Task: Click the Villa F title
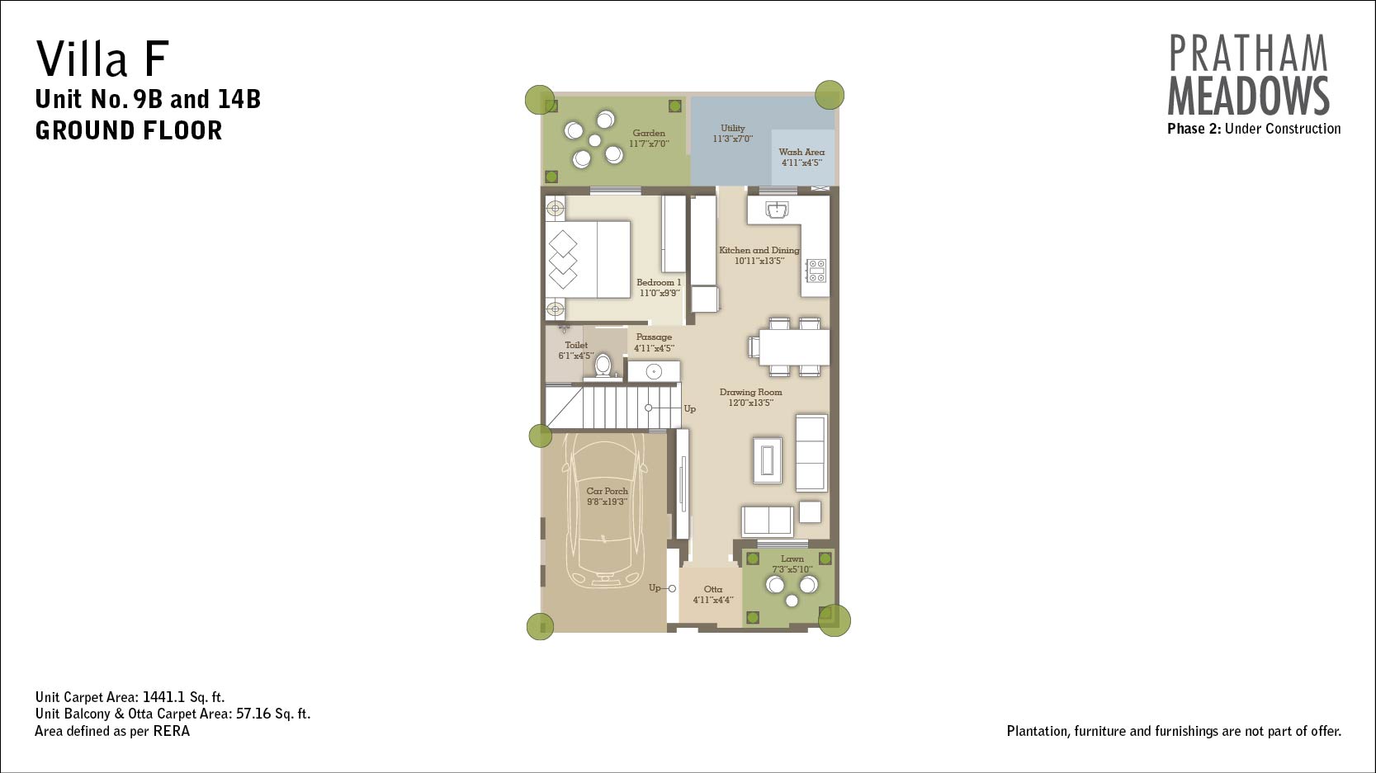102,58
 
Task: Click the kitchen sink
777,210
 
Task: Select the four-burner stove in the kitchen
816,271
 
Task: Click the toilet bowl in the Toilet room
603,365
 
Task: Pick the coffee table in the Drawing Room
768,460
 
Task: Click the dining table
794,348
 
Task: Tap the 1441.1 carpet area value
163,697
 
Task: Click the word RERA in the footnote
172,731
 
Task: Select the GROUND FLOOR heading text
129,131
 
